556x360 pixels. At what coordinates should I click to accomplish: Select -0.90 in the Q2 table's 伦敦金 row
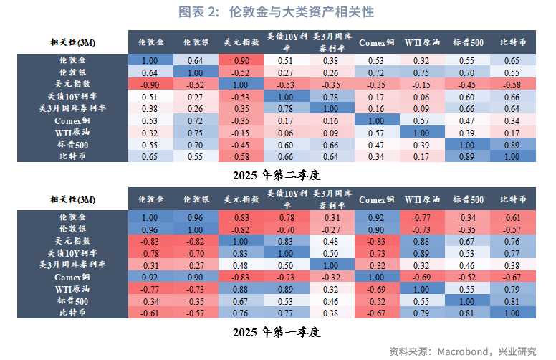[x=240, y=61]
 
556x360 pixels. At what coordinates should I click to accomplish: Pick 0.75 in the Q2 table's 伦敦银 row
[x=421, y=72]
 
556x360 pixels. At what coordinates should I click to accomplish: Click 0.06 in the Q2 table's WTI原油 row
[x=285, y=132]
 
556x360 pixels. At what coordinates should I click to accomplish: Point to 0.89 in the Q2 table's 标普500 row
[x=512, y=144]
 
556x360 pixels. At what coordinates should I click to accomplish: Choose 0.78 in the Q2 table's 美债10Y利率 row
[x=331, y=97]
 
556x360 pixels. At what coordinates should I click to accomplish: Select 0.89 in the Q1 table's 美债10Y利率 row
[x=421, y=253]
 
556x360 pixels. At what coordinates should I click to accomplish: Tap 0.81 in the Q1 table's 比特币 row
[x=466, y=312]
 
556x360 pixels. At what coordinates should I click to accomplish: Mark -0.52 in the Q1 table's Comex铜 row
[x=466, y=277]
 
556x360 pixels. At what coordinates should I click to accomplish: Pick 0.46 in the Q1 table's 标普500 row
[x=331, y=300]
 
